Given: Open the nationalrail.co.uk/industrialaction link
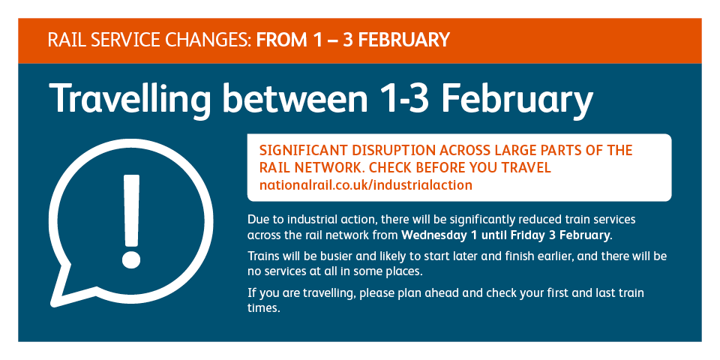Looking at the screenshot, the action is (365, 185).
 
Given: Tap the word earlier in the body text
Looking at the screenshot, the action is (553, 255).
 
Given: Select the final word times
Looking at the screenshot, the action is (263, 308).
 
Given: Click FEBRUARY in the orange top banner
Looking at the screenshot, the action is (403, 40).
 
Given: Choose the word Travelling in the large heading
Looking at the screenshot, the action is (130, 100).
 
